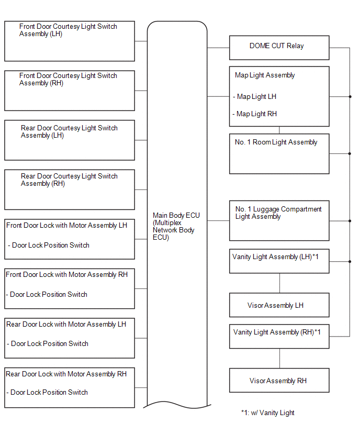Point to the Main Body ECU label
(x=176, y=226)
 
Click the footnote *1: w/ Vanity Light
(x=267, y=412)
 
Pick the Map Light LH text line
(x=255, y=97)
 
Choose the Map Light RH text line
(x=254, y=114)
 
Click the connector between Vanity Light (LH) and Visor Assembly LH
(x=279, y=283)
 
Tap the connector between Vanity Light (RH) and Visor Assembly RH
(x=279, y=359)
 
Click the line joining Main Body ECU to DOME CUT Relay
(x=218, y=48)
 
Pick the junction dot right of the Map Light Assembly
(x=350, y=97)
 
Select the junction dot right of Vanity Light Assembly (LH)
(x=350, y=261)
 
